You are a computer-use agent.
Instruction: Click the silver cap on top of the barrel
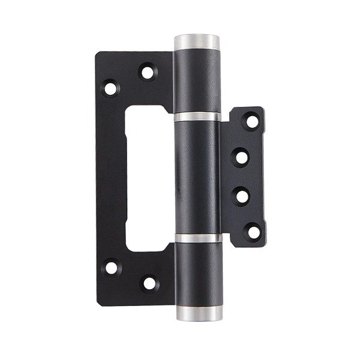(197, 43)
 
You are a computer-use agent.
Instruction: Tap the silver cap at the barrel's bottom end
(198, 313)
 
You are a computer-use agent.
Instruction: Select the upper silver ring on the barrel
(197, 116)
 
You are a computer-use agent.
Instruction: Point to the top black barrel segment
(197, 81)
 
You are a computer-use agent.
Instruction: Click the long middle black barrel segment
(197, 177)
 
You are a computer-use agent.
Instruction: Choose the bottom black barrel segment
(198, 273)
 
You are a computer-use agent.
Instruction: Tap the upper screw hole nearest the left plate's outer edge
(110, 89)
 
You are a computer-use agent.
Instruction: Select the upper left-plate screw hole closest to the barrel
(147, 73)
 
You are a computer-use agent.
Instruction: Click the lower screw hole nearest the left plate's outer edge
(112, 268)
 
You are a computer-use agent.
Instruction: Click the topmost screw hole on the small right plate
(252, 121)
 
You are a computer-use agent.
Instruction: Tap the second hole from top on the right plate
(242, 157)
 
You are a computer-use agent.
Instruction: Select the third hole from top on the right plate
(242, 195)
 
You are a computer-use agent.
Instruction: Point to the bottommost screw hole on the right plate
(253, 231)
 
